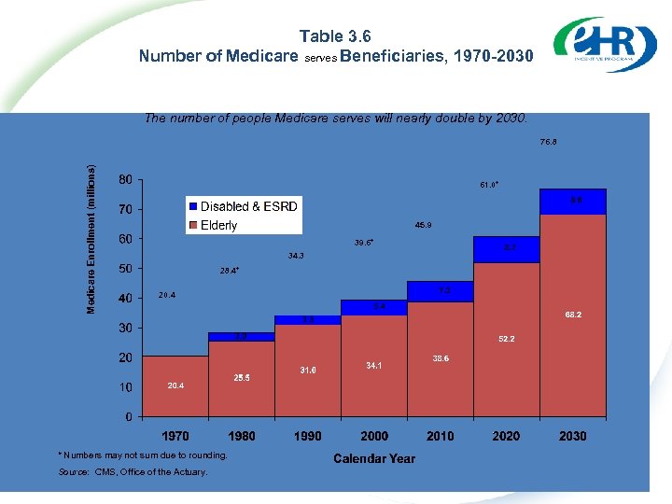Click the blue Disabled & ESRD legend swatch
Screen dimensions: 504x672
(x=193, y=206)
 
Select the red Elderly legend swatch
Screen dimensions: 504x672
(x=193, y=225)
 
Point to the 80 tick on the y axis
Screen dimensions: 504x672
(x=123, y=179)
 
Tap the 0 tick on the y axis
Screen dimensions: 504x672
(x=127, y=416)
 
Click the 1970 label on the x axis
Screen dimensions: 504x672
(x=175, y=436)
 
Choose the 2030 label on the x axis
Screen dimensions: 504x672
(x=572, y=436)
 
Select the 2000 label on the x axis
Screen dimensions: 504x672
(x=374, y=436)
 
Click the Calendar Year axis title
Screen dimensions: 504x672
(x=374, y=458)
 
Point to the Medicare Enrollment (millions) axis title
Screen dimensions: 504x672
(x=91, y=240)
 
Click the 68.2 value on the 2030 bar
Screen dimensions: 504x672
(x=573, y=315)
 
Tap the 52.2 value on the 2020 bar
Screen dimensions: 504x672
(x=506, y=339)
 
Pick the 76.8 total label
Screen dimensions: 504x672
(x=548, y=143)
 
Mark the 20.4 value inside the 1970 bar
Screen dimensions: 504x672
(x=175, y=385)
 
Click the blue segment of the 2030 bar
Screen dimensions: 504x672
(x=573, y=202)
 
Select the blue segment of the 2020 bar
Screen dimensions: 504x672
(x=506, y=249)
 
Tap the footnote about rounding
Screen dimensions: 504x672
(x=143, y=455)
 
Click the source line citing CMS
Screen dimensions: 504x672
(x=133, y=472)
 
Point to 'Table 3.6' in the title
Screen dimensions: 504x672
(x=335, y=36)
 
